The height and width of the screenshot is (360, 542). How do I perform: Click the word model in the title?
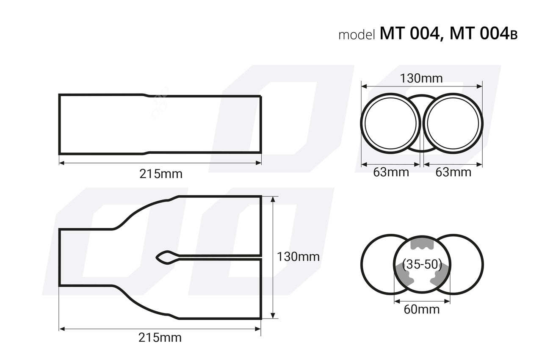(357, 35)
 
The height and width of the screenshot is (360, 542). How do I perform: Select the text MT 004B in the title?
(483, 33)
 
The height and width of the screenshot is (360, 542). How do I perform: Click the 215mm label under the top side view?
(161, 174)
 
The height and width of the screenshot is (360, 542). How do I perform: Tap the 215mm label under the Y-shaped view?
(160, 338)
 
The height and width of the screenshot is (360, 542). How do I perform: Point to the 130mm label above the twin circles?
(421, 78)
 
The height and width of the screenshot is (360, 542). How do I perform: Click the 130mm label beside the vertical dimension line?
(298, 257)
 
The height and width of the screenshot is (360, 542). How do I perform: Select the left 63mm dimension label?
(391, 172)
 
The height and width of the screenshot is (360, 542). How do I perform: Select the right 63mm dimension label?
(453, 172)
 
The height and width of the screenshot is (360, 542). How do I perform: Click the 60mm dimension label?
(421, 309)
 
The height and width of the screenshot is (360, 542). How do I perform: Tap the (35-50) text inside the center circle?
(422, 265)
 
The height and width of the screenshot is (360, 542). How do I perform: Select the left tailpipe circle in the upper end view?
(390, 123)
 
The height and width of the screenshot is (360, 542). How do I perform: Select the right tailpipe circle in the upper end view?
(453, 123)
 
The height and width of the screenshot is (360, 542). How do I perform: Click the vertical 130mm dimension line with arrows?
(273, 257)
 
